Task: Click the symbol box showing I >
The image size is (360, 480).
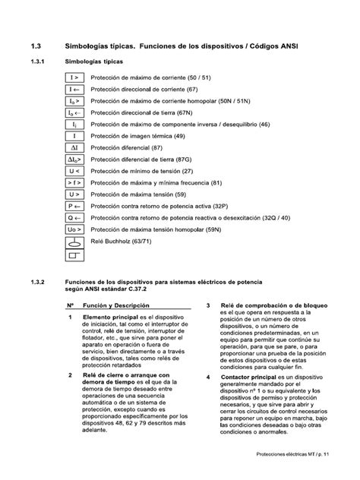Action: [x=75, y=77]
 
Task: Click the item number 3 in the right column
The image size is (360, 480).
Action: [x=208, y=305]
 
